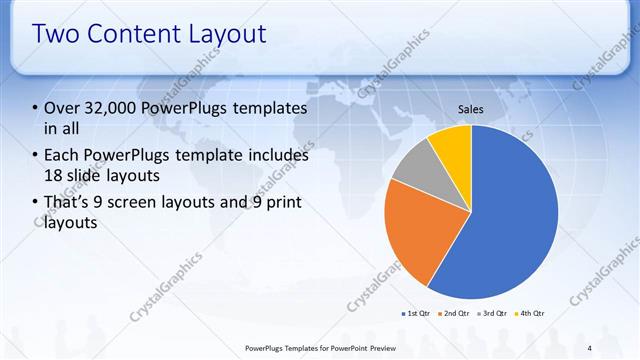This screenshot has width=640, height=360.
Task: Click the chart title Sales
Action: point(471,108)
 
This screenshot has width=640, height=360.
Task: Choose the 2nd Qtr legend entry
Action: point(456,313)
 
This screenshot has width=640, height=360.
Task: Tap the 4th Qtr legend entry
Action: point(531,313)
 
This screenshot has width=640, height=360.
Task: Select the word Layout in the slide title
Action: point(224,34)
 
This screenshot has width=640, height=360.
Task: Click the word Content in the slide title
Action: point(131,34)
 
